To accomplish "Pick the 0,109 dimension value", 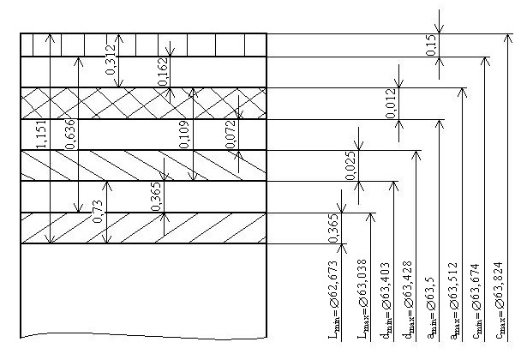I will (184, 135).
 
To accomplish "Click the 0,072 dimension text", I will (230, 135).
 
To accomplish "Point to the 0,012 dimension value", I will (391, 104).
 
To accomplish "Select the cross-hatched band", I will (142, 103).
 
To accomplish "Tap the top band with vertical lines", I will (142, 44).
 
